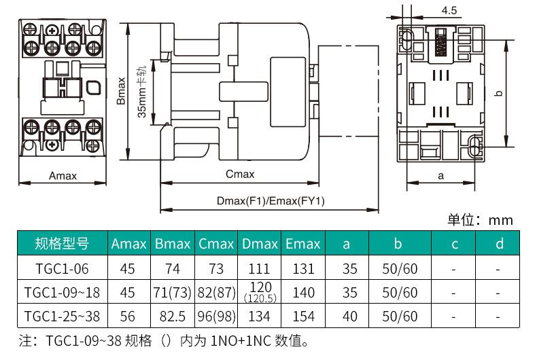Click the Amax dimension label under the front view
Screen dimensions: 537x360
tap(63, 175)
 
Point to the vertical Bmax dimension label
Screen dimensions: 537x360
tap(121, 91)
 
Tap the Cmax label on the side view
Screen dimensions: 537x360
tap(240, 174)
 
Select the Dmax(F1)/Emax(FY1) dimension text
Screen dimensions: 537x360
tap(271, 200)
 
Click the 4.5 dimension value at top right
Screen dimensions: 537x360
tap(449, 11)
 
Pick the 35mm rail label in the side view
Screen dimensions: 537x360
tap(141, 92)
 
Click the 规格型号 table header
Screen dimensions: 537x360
tap(62, 243)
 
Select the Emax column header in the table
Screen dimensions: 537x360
tap(302, 244)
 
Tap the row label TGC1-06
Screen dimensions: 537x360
tap(62, 268)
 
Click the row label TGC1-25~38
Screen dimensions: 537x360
tap(62, 317)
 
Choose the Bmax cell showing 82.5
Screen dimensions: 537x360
tap(172, 317)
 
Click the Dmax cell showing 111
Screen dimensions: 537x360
tap(259, 268)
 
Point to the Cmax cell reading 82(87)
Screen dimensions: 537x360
tap(216, 293)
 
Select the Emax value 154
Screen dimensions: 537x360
tap(303, 317)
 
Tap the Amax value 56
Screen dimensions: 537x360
tap(127, 317)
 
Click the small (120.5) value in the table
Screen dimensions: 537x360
tap(260, 298)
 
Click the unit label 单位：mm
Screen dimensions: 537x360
tap(480, 219)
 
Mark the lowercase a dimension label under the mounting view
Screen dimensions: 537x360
tap(440, 176)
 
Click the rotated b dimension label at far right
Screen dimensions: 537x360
tap(500, 93)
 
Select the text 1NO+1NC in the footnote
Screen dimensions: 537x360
tap(241, 341)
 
